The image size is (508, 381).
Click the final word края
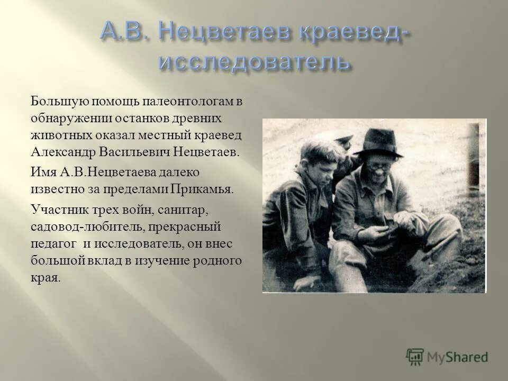pos(45,277)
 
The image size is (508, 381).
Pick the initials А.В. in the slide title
pos(121,34)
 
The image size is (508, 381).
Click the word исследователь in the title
pos(254,61)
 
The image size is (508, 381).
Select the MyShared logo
pos(447,357)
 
